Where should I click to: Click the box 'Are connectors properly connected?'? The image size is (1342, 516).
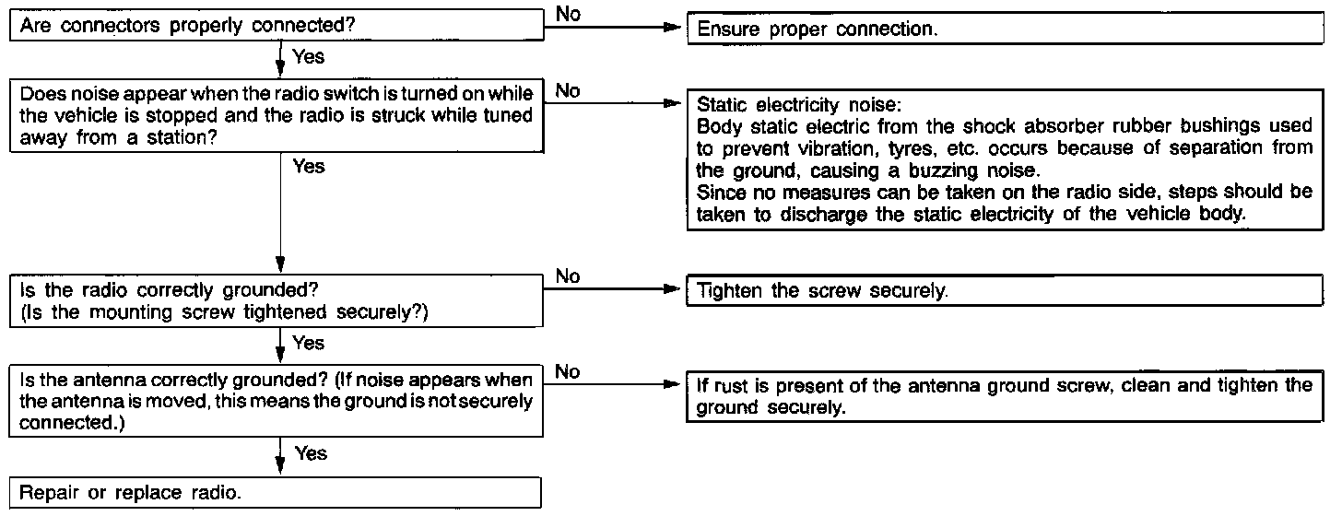click(x=277, y=25)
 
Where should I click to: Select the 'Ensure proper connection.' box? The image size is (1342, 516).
click(x=1006, y=29)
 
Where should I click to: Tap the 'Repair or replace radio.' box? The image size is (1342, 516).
click(x=276, y=493)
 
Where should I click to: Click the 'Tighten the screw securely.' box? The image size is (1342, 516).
click(x=1005, y=290)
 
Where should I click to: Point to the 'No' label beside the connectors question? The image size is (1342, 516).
click(x=568, y=14)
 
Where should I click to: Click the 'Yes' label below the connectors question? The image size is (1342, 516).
click(x=308, y=57)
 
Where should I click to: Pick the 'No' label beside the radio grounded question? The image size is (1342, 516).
click(x=568, y=276)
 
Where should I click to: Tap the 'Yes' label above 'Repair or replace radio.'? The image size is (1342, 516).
click(x=311, y=453)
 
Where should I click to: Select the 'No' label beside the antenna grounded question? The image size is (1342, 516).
click(x=567, y=371)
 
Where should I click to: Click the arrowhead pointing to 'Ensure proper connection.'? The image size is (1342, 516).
click(x=673, y=27)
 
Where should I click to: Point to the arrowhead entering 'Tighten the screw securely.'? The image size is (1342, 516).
click(x=672, y=289)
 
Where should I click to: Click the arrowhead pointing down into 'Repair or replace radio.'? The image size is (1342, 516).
click(x=280, y=465)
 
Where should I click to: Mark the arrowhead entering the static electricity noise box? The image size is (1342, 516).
click(x=672, y=103)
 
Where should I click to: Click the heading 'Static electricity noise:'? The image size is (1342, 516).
click(x=798, y=105)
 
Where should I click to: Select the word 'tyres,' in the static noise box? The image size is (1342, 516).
click(x=912, y=148)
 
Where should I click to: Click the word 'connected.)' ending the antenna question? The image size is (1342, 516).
click(x=72, y=423)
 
